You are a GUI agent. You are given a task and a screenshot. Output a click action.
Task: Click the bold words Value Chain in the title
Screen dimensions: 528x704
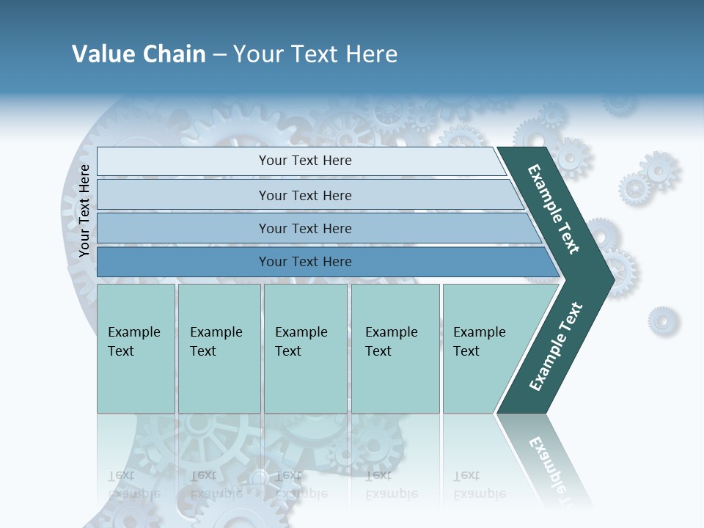[x=139, y=54]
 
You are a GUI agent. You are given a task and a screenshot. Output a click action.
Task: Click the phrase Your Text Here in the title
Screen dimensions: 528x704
[x=315, y=54]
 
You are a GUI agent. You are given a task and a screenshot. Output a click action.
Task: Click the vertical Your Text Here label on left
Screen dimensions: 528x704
[x=84, y=210]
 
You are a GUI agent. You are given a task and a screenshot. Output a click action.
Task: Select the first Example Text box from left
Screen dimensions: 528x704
[x=136, y=348]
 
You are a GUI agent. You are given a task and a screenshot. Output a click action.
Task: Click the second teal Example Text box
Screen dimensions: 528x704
[x=219, y=348]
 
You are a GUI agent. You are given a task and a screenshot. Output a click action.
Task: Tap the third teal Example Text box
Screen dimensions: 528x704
[x=304, y=348]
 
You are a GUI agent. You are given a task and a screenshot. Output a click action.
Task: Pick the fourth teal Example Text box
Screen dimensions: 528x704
[x=395, y=348]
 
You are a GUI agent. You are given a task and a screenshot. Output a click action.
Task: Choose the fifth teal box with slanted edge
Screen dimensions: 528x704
[x=484, y=348]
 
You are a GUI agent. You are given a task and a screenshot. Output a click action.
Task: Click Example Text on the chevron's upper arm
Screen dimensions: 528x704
[x=554, y=209]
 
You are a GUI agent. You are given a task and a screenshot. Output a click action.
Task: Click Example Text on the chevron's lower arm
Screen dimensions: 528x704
[x=555, y=347]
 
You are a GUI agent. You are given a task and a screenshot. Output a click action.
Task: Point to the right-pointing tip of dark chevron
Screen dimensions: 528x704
[x=612, y=279]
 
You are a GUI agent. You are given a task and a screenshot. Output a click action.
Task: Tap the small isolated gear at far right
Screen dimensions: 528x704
[x=663, y=320]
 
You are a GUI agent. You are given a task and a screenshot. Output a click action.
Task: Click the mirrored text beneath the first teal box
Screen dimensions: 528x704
[x=133, y=485]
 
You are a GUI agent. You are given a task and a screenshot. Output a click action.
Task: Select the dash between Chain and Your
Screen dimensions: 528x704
[x=219, y=55]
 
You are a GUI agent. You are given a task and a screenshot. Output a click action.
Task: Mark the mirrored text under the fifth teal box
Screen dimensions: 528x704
[x=479, y=485]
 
